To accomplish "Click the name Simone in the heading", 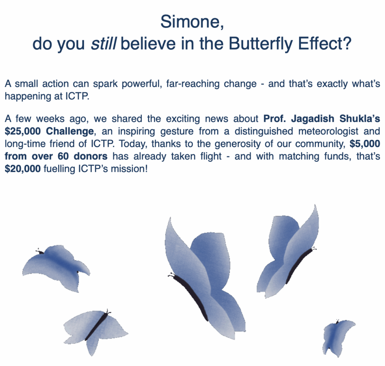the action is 189,21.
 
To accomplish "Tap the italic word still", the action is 103,44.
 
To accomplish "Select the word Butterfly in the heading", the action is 261,44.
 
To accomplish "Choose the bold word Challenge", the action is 70,131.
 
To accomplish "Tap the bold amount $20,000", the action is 23,169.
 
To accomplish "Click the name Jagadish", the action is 312,119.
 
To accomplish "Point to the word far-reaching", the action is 193,84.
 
